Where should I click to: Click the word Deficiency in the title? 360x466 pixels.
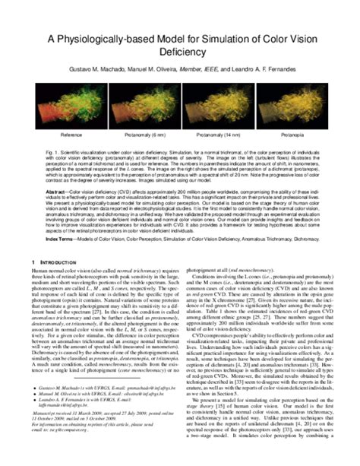point(180,53)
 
